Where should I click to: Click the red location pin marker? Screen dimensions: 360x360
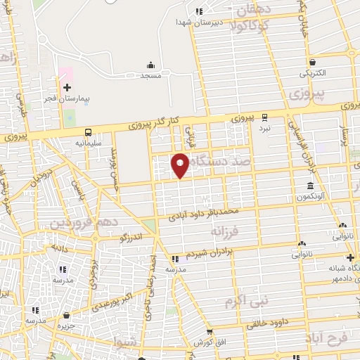[180, 163]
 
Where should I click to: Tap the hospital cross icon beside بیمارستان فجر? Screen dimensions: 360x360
[67, 88]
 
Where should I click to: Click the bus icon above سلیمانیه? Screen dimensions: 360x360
[89, 131]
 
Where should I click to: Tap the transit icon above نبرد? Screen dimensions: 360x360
[264, 117]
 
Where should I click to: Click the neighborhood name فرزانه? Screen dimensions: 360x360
[226, 230]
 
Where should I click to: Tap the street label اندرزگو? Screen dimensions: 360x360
[131, 238]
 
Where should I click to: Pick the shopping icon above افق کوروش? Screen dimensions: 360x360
[208, 332]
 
